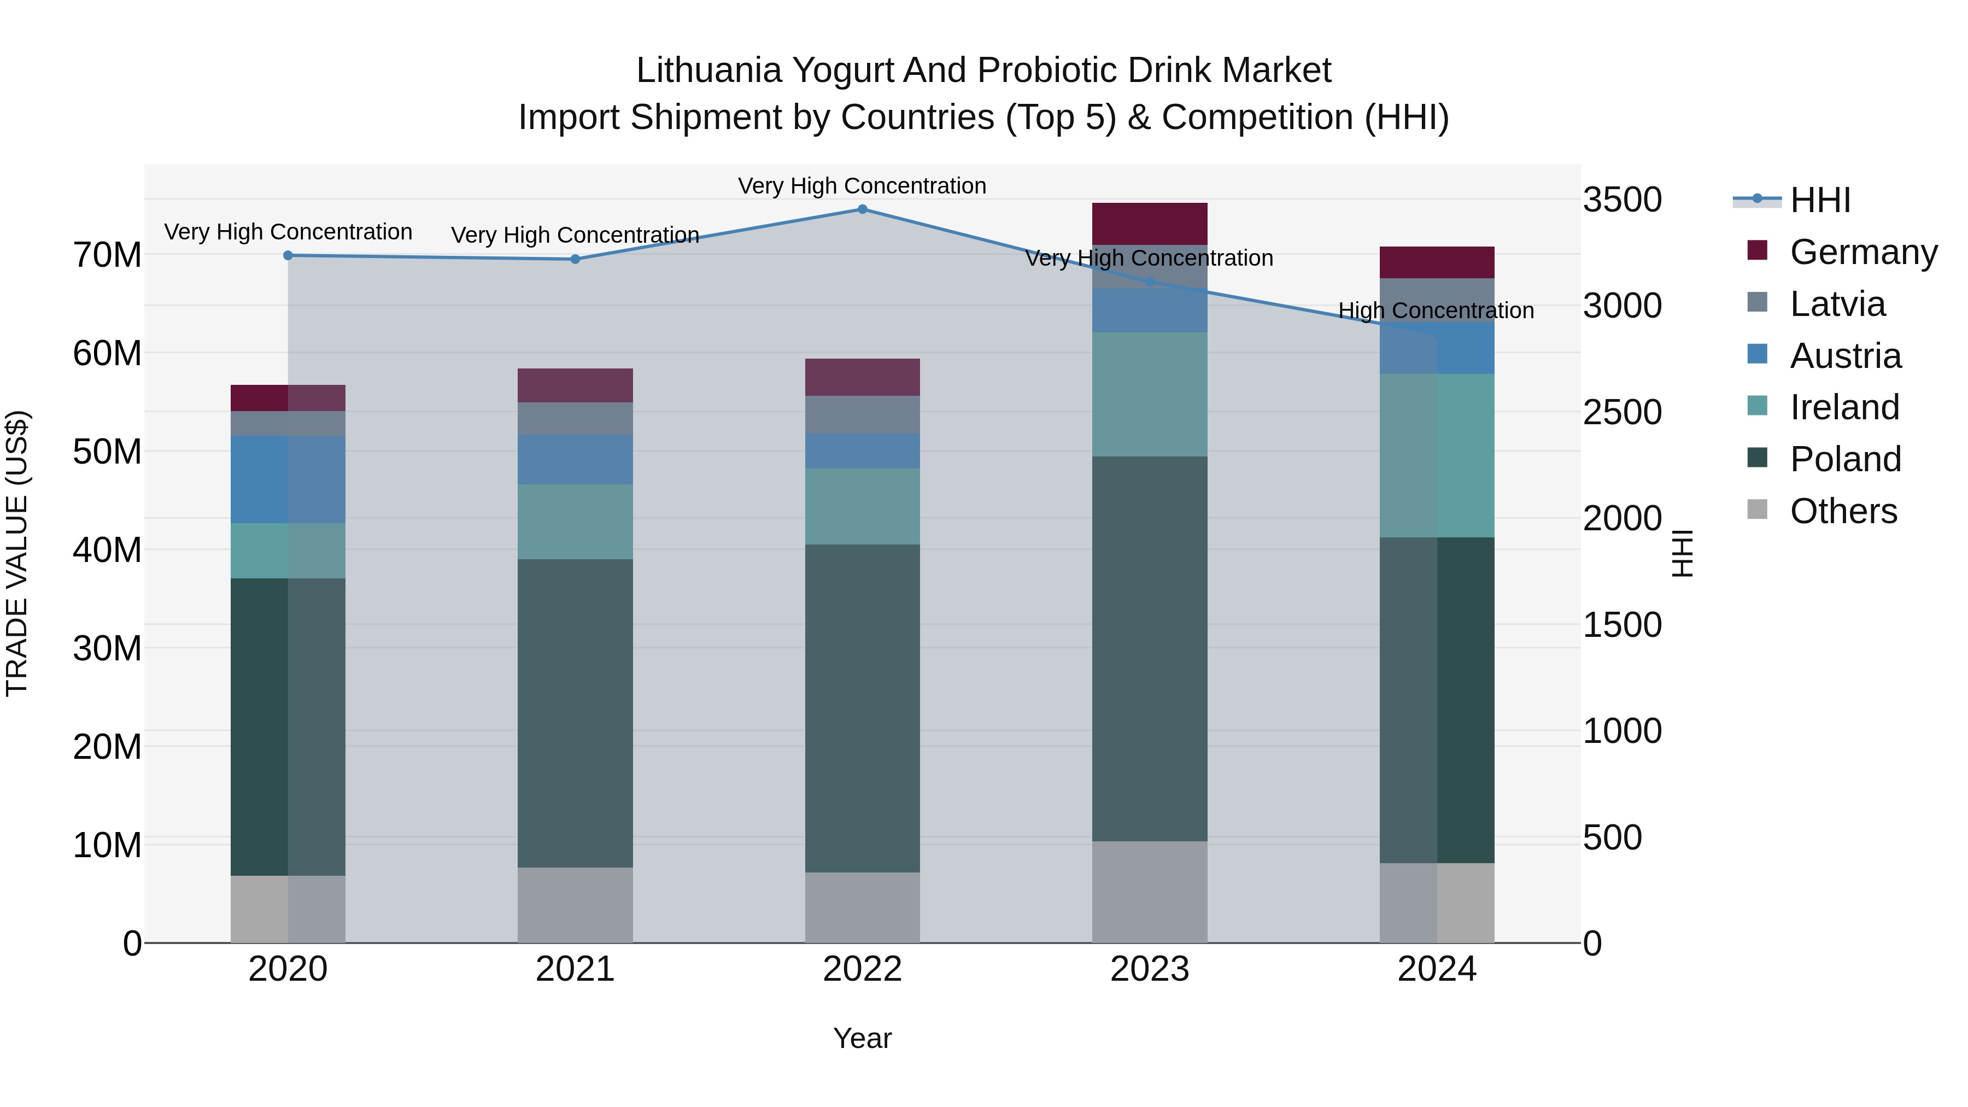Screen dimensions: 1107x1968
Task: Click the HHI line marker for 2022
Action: tap(863, 209)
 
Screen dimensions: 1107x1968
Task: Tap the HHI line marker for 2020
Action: tap(288, 255)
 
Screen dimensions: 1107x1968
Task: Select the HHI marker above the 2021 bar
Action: tap(575, 259)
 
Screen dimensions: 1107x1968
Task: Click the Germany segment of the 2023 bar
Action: tap(1149, 224)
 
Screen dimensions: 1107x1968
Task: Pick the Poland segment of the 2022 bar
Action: tap(863, 707)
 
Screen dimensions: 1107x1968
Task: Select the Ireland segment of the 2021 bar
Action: tap(575, 522)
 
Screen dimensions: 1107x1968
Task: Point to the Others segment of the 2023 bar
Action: tap(1149, 892)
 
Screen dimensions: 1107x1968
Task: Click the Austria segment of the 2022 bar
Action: tap(863, 451)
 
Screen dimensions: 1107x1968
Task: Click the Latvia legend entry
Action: tap(1837, 304)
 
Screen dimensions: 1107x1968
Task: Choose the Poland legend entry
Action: tap(1844, 459)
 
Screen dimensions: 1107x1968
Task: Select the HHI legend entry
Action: tap(1820, 200)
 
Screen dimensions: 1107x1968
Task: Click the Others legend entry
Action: tap(1843, 511)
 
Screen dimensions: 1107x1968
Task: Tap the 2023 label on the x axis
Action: tap(1149, 969)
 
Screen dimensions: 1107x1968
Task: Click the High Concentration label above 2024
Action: tap(1436, 311)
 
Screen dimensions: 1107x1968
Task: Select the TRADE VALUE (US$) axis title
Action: tap(17, 553)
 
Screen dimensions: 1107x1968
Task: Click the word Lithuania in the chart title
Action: tap(709, 71)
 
